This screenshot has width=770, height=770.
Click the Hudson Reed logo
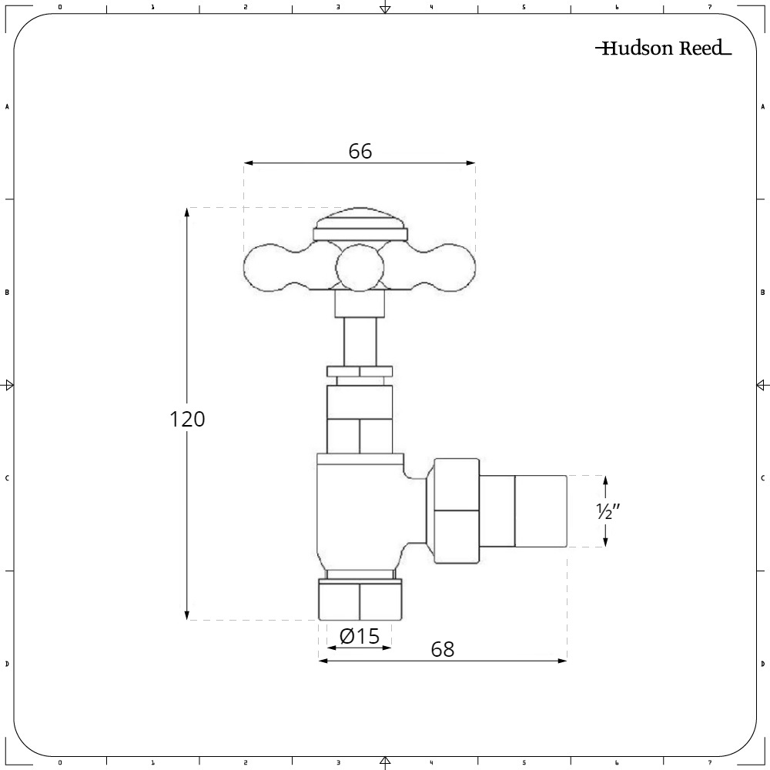[663, 49]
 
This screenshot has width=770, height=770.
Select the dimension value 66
[360, 152]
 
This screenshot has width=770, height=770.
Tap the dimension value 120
[187, 420]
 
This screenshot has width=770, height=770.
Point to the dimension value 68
[442, 649]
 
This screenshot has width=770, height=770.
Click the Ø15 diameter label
[360, 636]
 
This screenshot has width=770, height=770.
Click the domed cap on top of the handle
[360, 219]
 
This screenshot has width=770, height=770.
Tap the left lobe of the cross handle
[266, 267]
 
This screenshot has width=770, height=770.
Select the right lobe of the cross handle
[454, 267]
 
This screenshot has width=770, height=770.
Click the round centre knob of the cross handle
[360, 268]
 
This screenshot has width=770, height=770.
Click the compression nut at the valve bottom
[360, 601]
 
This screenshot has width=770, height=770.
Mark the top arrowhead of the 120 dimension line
[187, 212]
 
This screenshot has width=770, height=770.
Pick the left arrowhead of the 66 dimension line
[249, 162]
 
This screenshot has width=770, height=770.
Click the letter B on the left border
[8, 293]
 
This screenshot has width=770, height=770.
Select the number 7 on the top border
[709, 8]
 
